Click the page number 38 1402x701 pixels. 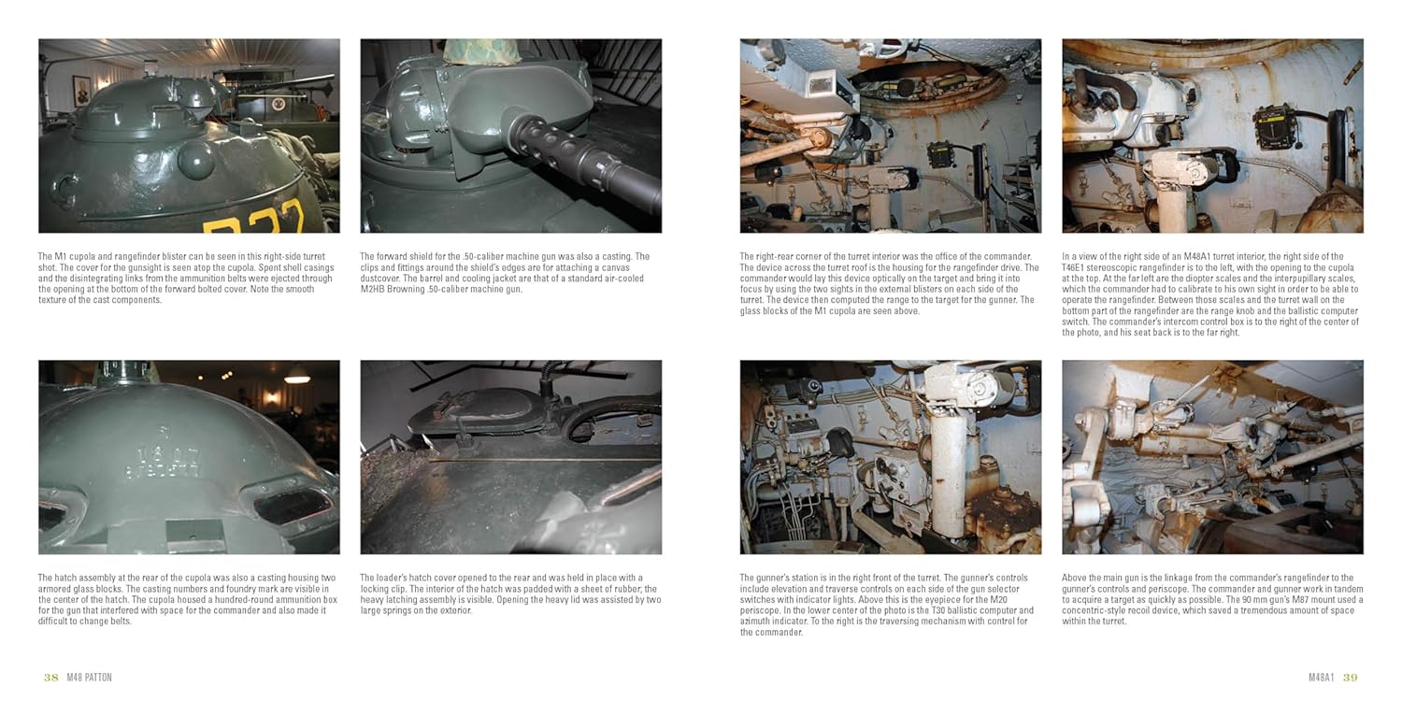pos(50,678)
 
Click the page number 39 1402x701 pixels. pos(1350,678)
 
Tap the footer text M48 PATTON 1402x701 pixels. pos(90,678)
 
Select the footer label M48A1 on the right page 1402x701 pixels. pos(1322,678)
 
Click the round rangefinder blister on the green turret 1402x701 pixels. pos(195,158)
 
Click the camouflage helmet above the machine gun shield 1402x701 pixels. pos(482,50)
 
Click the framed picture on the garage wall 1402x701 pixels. pos(82,92)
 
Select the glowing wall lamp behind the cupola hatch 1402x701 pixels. pos(272,397)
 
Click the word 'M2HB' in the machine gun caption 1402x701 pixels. pos(373,289)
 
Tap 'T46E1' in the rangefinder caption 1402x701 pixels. pos(1075,267)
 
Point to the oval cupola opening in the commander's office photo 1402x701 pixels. pos(926,81)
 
